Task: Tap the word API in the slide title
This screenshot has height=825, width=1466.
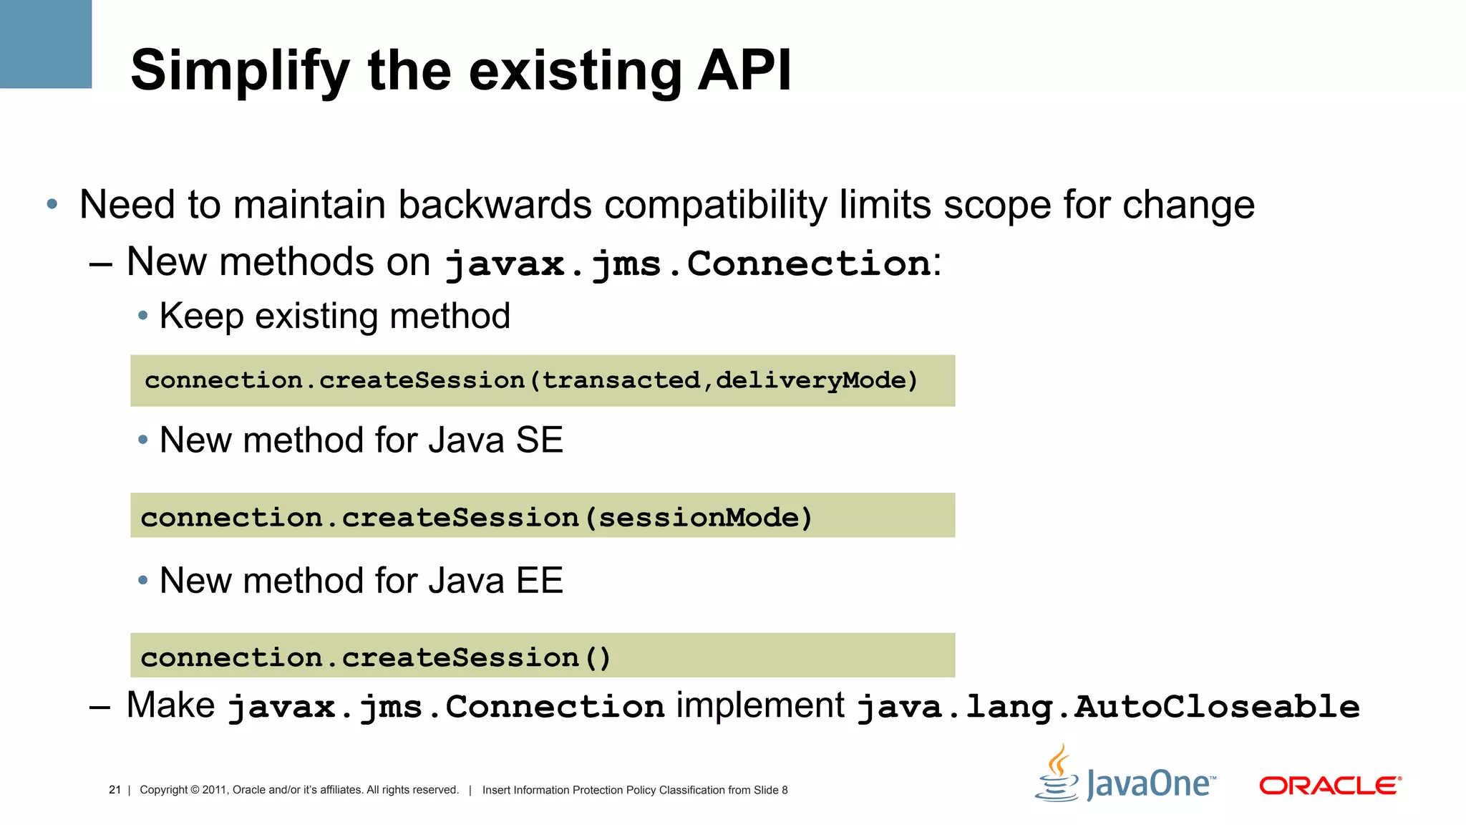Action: (744, 70)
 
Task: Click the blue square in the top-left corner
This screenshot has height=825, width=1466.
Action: (45, 44)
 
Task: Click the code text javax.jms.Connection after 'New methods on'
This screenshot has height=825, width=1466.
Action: (687, 264)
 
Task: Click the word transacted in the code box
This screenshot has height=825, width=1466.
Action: (621, 380)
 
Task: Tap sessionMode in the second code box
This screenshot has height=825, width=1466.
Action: (698, 517)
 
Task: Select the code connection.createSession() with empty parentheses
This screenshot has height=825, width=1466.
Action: (376, 657)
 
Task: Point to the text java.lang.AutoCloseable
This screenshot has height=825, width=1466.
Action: (1108, 707)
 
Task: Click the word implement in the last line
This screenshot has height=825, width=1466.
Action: (760, 705)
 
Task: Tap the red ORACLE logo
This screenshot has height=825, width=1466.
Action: (1330, 786)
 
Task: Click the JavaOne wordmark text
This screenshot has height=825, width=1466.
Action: (1150, 784)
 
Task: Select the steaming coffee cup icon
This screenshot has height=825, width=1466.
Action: (1057, 775)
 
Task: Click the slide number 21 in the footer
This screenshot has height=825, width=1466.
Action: (115, 790)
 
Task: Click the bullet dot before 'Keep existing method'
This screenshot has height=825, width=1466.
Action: (143, 316)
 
